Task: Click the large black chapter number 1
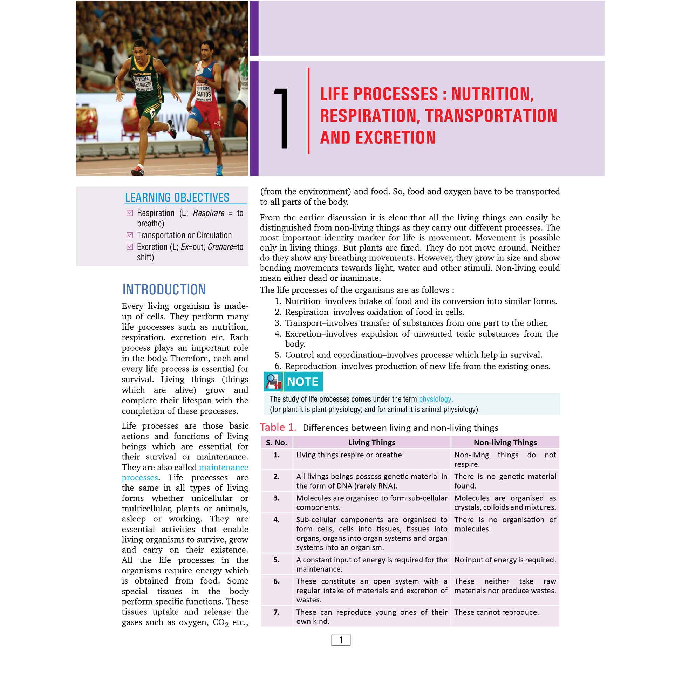282,118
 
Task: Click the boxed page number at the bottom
341,640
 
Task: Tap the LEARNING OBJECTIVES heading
177,197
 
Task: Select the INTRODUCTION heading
164,289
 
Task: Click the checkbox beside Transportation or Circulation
130,235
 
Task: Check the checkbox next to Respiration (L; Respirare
130,213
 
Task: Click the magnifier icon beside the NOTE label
273,382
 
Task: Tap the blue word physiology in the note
435,399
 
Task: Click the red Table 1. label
278,428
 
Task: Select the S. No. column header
277,442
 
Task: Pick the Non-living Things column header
505,442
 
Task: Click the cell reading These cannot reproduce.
496,613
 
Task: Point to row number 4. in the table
277,520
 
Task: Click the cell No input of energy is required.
505,560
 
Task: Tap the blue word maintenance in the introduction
224,467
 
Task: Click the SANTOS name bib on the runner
203,94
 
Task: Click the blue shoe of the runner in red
219,170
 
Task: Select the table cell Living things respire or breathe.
350,455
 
